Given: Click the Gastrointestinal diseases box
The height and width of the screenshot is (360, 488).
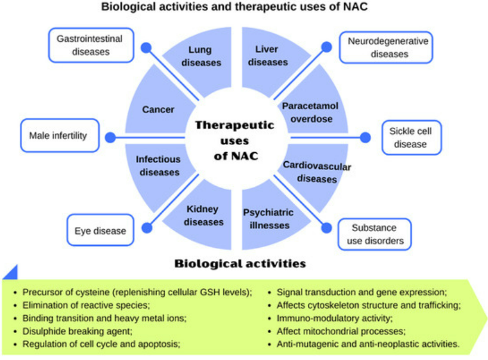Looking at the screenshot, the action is pyautogui.click(x=91, y=45).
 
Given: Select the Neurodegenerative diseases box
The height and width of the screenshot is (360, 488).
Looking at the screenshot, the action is pyautogui.click(x=386, y=47).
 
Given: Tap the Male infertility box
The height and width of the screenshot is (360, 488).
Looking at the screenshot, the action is pyautogui.click(x=60, y=136).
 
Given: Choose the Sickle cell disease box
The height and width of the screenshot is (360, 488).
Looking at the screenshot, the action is pyautogui.click(x=412, y=137).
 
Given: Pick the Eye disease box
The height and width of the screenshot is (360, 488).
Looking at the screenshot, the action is pyautogui.click(x=100, y=230).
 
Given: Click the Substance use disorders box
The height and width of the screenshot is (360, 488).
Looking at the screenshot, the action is pyautogui.click(x=375, y=234).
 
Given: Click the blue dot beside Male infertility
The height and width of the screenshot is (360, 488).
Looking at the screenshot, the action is pyautogui.click(x=110, y=137).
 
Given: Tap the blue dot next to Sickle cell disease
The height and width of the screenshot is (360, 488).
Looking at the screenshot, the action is pyautogui.click(x=365, y=137).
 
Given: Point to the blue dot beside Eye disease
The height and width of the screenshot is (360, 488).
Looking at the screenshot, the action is pyautogui.click(x=147, y=227).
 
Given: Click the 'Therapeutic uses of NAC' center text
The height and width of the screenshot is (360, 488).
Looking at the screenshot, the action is pyautogui.click(x=235, y=140).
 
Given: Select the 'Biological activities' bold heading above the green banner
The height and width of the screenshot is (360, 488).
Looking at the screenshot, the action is pyautogui.click(x=240, y=264).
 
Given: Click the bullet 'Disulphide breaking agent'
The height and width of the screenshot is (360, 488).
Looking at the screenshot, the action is pyautogui.click(x=77, y=331).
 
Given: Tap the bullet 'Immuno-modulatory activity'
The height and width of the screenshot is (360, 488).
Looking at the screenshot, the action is pyautogui.click(x=335, y=318).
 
